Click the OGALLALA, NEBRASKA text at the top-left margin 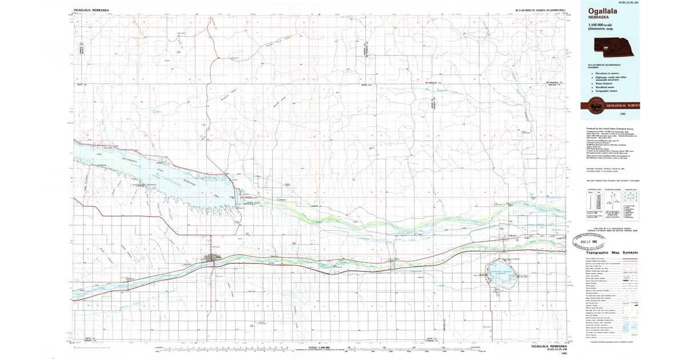click(x=92, y=10)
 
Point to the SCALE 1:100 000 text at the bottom click(x=320, y=347)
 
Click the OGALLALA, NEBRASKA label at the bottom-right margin click(x=549, y=347)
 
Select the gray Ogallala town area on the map click(x=216, y=259)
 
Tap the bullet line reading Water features click(x=605, y=83)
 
